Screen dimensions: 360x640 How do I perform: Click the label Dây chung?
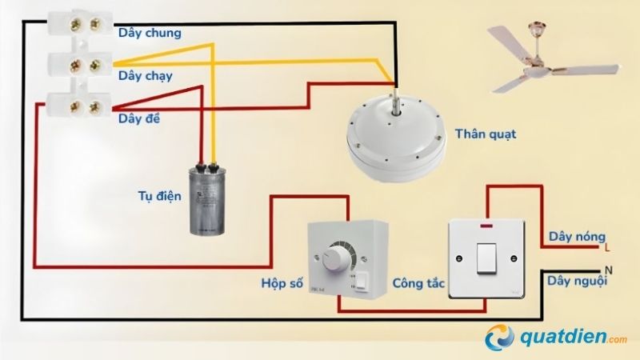[150, 34]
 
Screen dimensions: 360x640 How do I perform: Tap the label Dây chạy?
[146, 76]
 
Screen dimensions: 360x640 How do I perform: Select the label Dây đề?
[140, 119]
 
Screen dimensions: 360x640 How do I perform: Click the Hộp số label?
[282, 284]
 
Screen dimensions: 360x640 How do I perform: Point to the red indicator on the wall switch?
[486, 231]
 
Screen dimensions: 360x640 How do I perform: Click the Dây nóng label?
[573, 238]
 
